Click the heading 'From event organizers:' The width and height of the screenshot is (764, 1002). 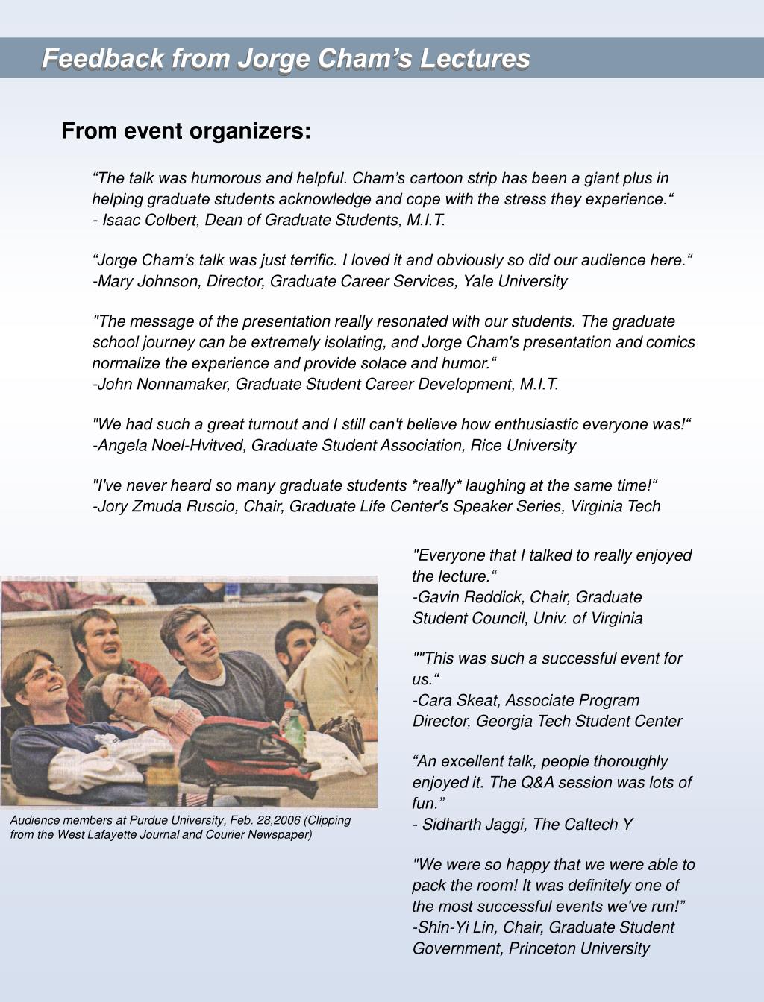coord(186,131)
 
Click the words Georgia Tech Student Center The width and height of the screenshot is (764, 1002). coord(578,721)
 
